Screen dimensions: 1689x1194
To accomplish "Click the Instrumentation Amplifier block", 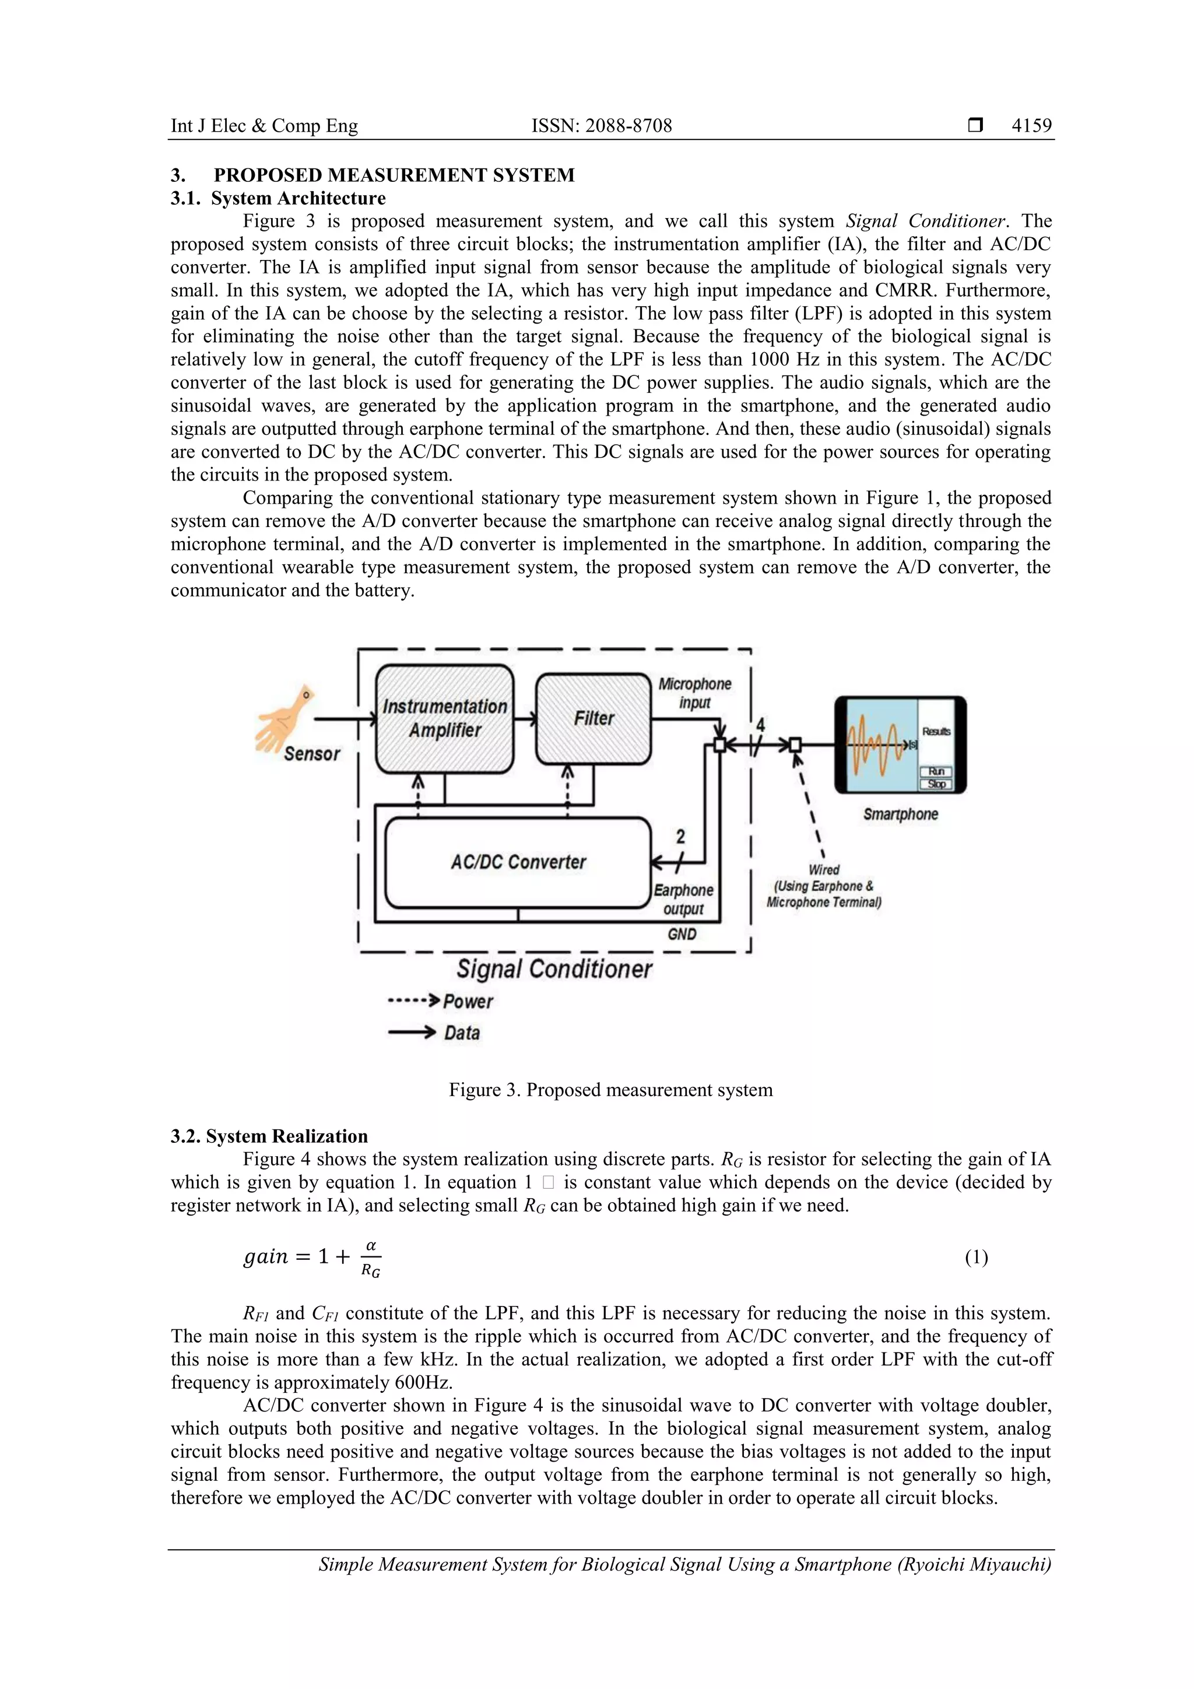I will (x=444, y=719).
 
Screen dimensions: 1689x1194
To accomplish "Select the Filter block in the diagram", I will (x=593, y=719).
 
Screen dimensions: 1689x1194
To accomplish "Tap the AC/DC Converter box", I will (x=518, y=862).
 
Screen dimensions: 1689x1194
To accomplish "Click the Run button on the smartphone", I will (x=936, y=771).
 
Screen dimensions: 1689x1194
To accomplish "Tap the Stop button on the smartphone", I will (x=936, y=784).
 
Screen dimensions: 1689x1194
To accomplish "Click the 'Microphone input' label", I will (x=694, y=693).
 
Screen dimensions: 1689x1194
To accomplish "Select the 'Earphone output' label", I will (x=683, y=899).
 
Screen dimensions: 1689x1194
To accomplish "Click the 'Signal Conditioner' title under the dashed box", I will (x=554, y=969).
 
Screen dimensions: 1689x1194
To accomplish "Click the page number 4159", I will (x=1031, y=126).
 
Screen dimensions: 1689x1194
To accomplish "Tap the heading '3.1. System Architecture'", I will (x=278, y=199).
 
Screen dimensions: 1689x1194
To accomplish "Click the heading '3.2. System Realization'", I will (x=269, y=1136).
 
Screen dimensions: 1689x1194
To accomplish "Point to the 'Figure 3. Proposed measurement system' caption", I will (x=610, y=1090).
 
